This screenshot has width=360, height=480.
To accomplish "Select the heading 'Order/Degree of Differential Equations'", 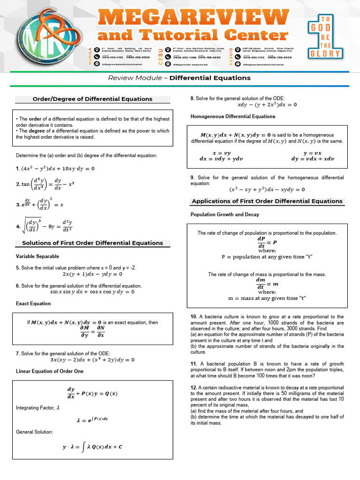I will tap(92, 99).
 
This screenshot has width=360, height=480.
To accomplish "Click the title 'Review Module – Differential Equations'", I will tap(180, 78).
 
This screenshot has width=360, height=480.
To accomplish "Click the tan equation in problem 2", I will tap(45, 184).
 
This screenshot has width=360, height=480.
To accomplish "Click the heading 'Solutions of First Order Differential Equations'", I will tap(92, 243).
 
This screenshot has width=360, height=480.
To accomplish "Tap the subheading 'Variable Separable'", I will tap(37, 256).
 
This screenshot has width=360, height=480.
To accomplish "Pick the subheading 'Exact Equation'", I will tap(33, 303).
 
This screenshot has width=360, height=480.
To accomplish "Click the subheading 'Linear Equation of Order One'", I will tap(50, 371).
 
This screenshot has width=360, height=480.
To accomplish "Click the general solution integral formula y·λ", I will tap(92, 447).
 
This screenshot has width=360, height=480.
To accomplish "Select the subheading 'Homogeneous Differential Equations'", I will tap(233, 116).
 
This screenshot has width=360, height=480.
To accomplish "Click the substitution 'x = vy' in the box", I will tap(222, 153).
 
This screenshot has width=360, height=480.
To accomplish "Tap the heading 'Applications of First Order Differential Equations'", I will tap(267, 201).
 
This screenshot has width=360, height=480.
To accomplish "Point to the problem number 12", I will tap(194, 388).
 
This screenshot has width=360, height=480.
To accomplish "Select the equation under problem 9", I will tap(267, 189).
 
